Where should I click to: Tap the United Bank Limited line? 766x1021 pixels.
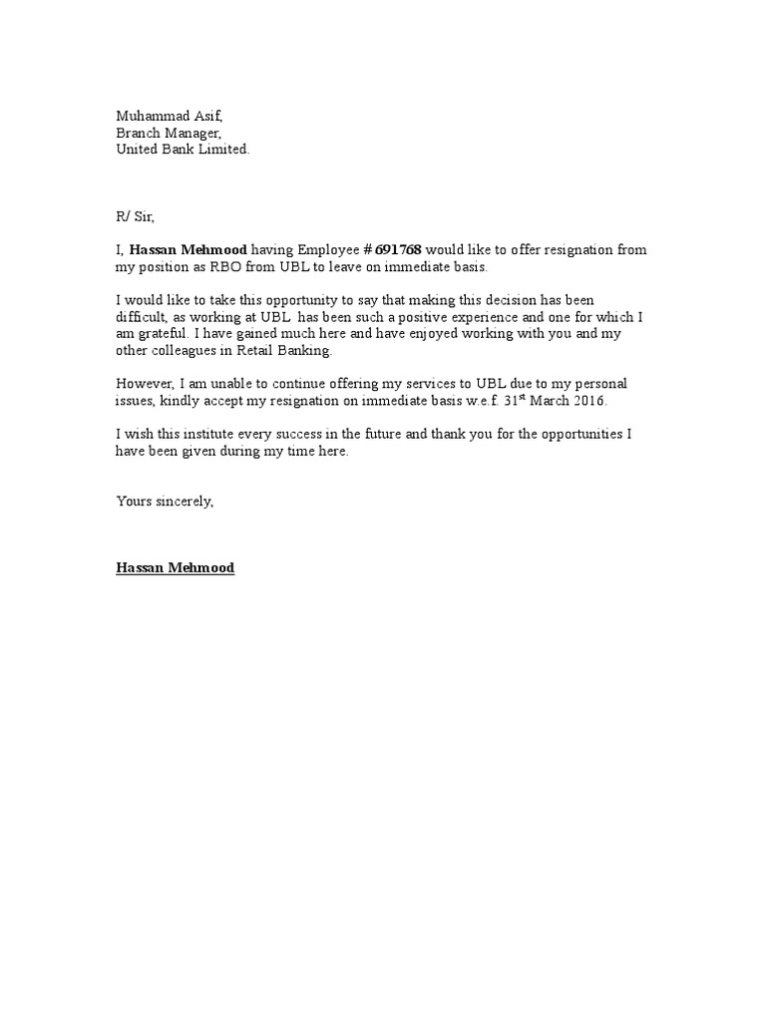pos(184,150)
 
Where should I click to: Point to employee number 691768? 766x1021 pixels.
pos(398,250)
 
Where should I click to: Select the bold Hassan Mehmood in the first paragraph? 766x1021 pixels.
pos(189,250)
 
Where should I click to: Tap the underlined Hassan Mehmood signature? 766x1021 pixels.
pos(176,567)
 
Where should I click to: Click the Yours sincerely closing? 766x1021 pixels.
pos(165,501)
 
